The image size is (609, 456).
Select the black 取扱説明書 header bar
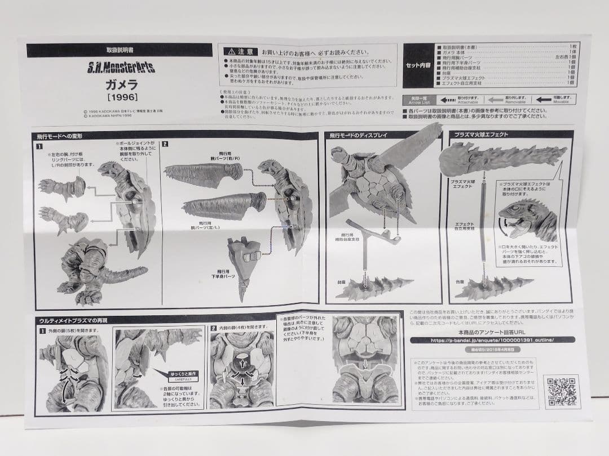pos(120,50)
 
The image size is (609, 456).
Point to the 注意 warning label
pos(241,51)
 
